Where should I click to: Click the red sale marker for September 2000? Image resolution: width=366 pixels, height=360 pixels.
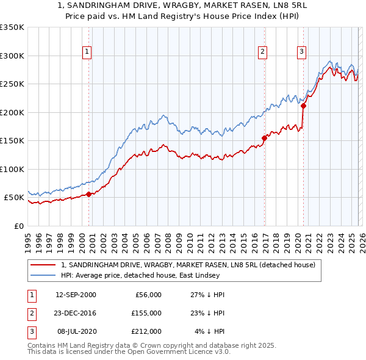(x=88, y=194)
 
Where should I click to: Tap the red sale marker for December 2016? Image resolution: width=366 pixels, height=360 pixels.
(x=264, y=138)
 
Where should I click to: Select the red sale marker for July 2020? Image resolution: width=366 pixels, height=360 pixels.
(x=303, y=106)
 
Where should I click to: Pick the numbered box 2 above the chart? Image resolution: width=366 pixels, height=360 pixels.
(x=263, y=52)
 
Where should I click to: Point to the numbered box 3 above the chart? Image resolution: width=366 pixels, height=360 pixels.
(x=301, y=52)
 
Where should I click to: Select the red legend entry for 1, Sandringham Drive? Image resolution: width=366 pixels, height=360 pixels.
(x=188, y=265)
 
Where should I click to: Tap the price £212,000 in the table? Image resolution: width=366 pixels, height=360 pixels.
(x=146, y=331)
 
